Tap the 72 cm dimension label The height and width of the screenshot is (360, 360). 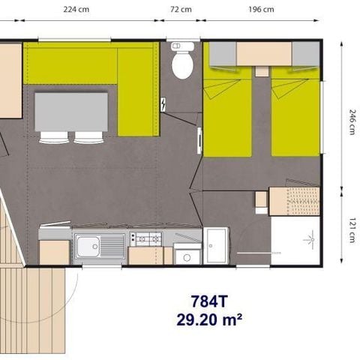click(x=181, y=10)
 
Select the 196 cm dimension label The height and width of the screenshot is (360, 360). click(x=259, y=10)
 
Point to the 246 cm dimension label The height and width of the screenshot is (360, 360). click(x=351, y=118)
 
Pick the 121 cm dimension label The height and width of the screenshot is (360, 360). click(x=351, y=228)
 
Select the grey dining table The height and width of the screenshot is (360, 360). click(x=72, y=112)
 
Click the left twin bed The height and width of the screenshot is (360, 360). click(x=228, y=112)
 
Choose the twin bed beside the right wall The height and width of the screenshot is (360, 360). click(x=295, y=112)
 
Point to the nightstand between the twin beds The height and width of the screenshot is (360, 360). click(x=261, y=71)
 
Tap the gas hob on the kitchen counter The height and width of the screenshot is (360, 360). click(x=145, y=238)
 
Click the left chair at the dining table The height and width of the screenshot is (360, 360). click(x=53, y=137)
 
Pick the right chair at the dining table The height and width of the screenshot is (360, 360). click(x=88, y=137)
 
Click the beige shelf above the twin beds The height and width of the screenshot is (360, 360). click(x=264, y=54)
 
